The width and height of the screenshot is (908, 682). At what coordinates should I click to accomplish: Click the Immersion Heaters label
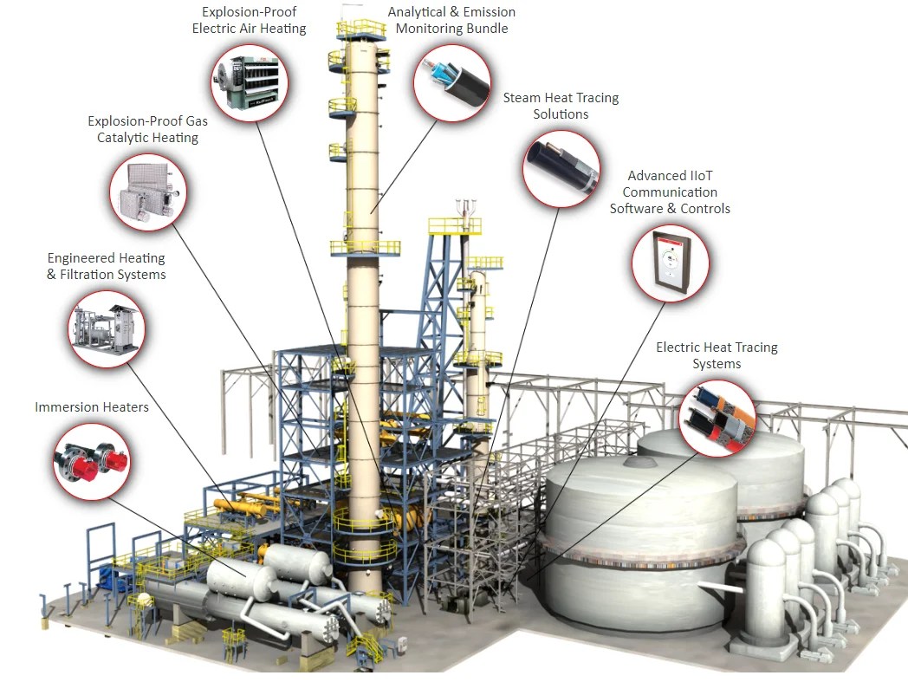(92, 407)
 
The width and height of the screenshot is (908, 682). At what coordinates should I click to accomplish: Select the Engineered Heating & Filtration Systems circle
(107, 328)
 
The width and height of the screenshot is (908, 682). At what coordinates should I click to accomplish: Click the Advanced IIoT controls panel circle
(670, 263)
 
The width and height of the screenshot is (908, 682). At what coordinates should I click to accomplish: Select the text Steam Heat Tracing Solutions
(561, 106)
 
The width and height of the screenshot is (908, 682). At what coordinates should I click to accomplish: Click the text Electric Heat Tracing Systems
(717, 355)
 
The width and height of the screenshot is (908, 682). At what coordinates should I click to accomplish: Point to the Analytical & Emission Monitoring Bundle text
(451, 20)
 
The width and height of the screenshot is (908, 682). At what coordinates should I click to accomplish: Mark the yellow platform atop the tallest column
(361, 29)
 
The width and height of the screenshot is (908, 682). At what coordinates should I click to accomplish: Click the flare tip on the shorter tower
(466, 208)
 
